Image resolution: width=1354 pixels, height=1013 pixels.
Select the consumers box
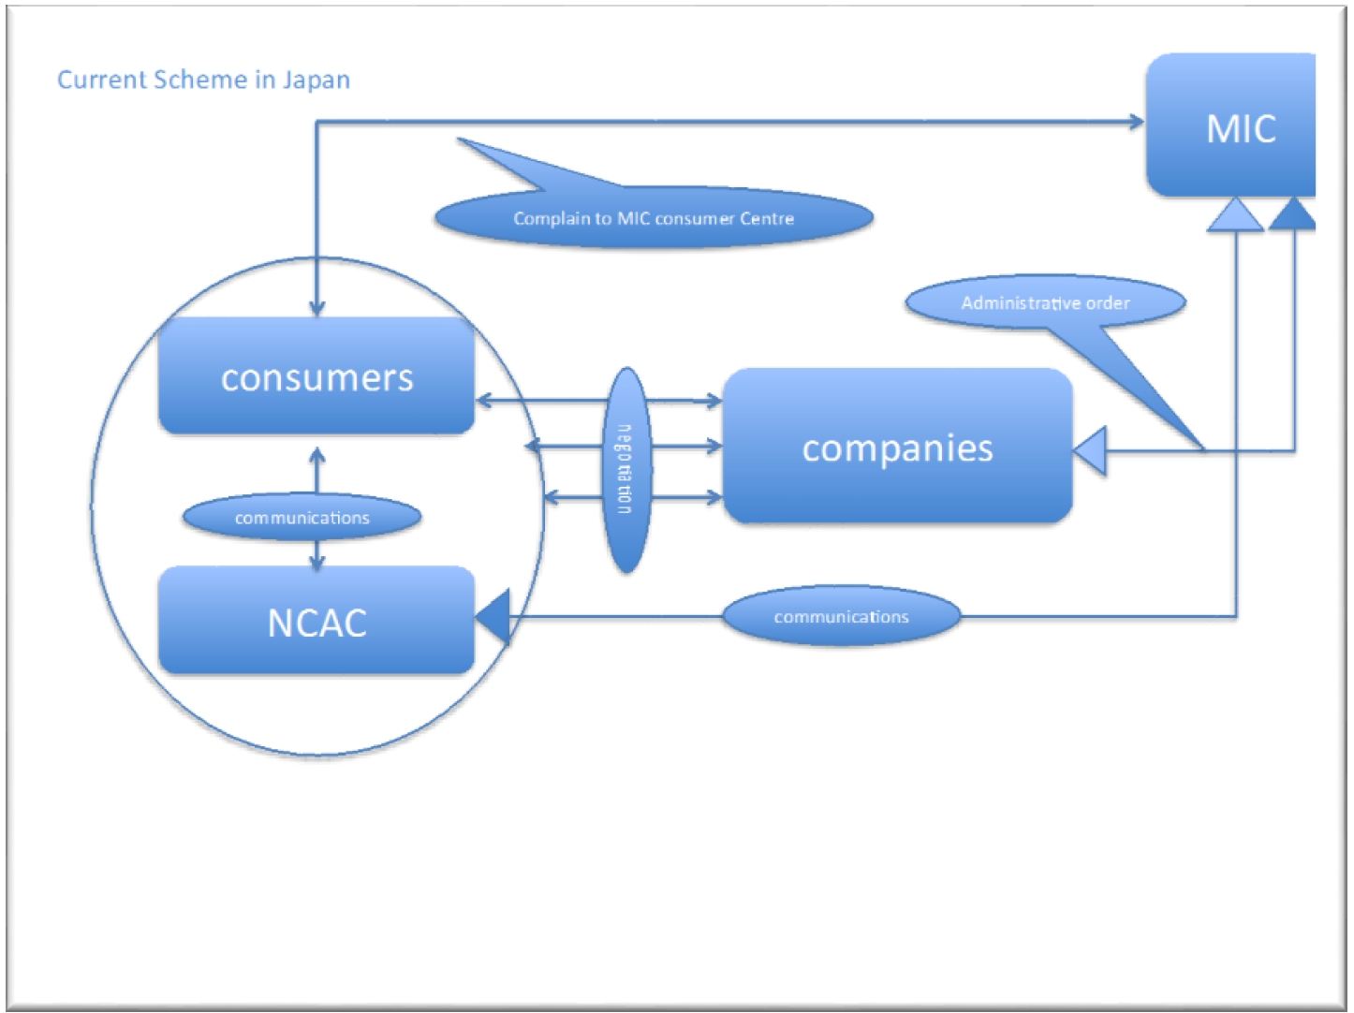(x=316, y=376)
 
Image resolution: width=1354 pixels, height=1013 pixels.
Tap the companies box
(x=897, y=447)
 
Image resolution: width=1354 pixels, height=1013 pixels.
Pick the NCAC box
(x=316, y=621)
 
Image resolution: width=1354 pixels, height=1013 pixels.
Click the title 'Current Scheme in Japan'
(x=203, y=80)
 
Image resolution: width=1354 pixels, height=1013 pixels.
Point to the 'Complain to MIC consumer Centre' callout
(x=653, y=217)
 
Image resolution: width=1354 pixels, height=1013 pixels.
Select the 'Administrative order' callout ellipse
(x=1045, y=302)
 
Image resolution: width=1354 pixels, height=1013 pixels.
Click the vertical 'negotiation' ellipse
(x=625, y=469)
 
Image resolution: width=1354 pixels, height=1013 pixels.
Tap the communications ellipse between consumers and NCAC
(x=302, y=517)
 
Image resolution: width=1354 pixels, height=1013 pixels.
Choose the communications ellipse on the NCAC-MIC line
(x=841, y=616)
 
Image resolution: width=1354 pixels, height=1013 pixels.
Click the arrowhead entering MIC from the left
(x=1137, y=121)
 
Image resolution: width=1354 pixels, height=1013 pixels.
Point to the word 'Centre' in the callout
(x=766, y=218)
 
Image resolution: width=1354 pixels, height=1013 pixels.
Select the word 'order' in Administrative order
(x=1108, y=302)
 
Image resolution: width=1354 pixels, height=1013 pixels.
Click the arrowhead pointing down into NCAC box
(x=316, y=562)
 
